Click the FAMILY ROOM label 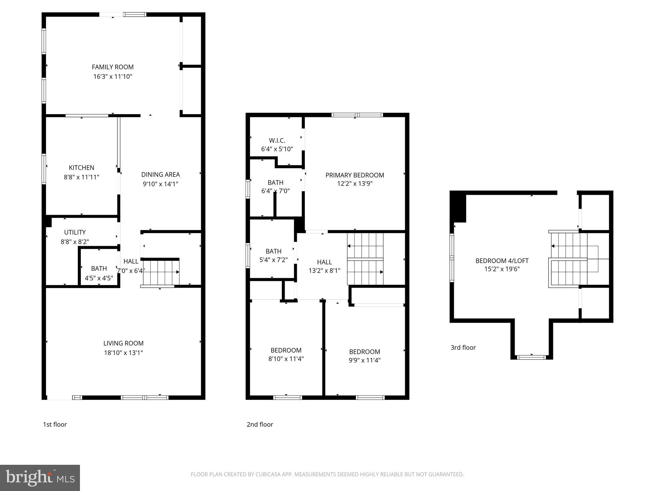point(113,67)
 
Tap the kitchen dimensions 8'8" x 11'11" point(82,177)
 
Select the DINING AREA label point(161,175)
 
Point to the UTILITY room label point(75,232)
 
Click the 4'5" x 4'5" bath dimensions point(99,278)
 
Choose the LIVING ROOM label point(123,343)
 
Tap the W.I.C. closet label point(277,140)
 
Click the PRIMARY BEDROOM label point(355,175)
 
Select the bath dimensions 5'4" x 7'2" point(273,260)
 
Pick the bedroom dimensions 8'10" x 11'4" point(286,359)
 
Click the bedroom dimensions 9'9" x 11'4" point(365,360)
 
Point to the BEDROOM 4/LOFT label point(502,261)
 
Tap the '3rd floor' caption point(463,347)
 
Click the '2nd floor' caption point(260,425)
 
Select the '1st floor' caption point(55,425)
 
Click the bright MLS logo point(40,478)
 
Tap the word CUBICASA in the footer point(268,474)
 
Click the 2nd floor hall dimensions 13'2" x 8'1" point(324,271)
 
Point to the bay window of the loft point(532,357)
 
